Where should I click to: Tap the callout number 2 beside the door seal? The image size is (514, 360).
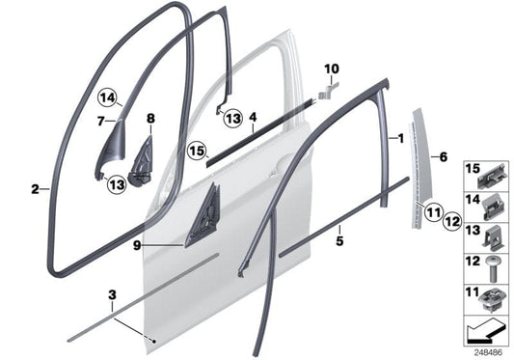(34, 189)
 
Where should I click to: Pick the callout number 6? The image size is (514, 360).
(443, 155)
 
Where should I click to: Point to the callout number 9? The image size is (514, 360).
(137, 245)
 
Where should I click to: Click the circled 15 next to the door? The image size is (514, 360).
(197, 152)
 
